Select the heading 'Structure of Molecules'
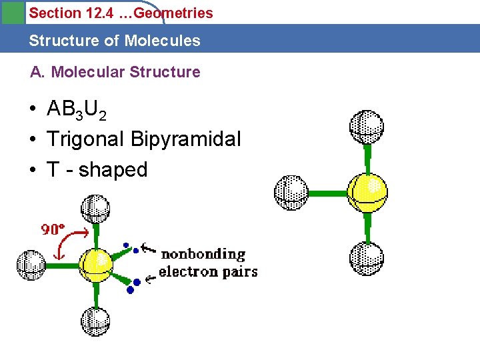pyautogui.click(x=114, y=41)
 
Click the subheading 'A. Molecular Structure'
pyautogui.click(x=115, y=72)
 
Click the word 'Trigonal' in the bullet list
pyautogui.click(x=85, y=139)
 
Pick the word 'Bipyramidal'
pyautogui.click(x=186, y=140)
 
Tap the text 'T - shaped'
pyautogui.click(x=97, y=169)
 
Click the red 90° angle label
pyautogui.click(x=53, y=230)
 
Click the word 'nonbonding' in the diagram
pyautogui.click(x=203, y=254)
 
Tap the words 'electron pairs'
pyautogui.click(x=207, y=271)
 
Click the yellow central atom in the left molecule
pyautogui.click(x=96, y=264)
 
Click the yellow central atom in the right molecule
pyautogui.click(x=367, y=192)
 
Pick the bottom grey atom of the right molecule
pyautogui.click(x=366, y=258)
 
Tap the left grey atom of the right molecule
pyautogui.click(x=291, y=192)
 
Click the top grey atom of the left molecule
pyautogui.click(x=95, y=209)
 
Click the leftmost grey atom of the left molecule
pyautogui.click(x=31, y=265)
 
